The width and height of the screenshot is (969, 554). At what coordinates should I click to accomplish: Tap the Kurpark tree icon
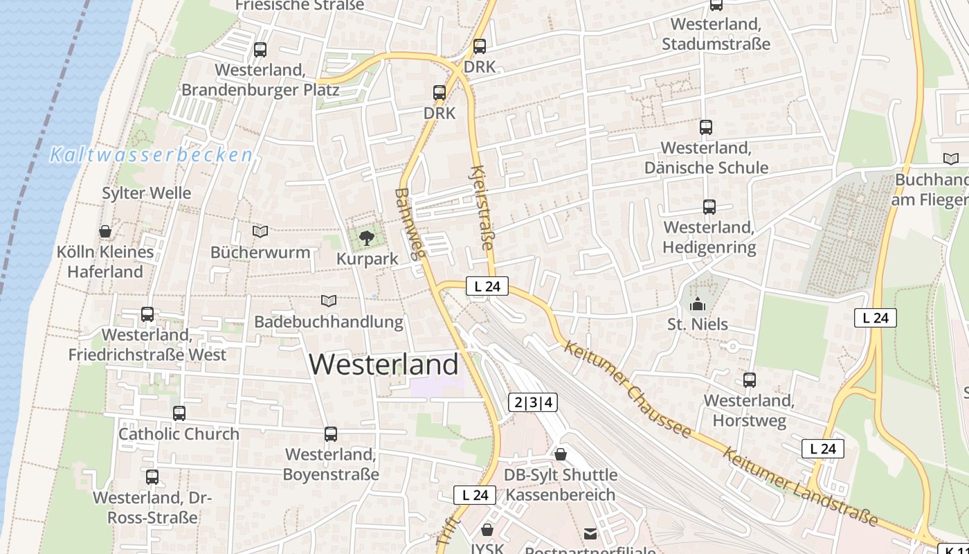(x=367, y=239)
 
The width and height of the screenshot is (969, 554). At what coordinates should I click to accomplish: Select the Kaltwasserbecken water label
(x=151, y=155)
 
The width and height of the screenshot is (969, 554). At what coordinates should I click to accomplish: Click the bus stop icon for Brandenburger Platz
(x=260, y=50)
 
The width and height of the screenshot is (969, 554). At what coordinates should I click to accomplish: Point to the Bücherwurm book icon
(x=260, y=231)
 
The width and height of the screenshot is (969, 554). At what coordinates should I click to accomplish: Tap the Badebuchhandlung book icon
(x=329, y=301)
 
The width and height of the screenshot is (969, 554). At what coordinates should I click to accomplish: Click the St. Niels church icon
(x=698, y=304)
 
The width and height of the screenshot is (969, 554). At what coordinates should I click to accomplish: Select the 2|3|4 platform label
(x=533, y=402)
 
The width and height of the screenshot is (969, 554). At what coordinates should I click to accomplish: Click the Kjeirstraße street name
(x=482, y=208)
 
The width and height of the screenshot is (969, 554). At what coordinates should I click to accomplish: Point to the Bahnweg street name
(x=409, y=224)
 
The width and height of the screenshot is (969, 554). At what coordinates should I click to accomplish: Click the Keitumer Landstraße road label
(x=800, y=487)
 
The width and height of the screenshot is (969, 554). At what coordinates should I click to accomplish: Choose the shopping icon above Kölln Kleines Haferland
(x=105, y=231)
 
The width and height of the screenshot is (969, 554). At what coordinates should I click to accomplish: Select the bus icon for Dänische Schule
(x=706, y=127)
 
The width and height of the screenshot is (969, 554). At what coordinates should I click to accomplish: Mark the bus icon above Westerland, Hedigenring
(x=709, y=207)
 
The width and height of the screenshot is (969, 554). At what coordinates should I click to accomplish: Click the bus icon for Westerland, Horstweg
(x=750, y=380)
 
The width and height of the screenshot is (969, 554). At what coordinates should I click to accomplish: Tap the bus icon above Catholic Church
(x=179, y=413)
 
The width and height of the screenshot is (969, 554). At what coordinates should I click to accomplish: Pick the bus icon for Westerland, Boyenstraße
(x=331, y=434)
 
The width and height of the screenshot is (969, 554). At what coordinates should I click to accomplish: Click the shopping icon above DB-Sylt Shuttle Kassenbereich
(x=561, y=454)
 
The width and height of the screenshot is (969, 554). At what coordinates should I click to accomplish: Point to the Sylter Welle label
(x=147, y=193)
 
